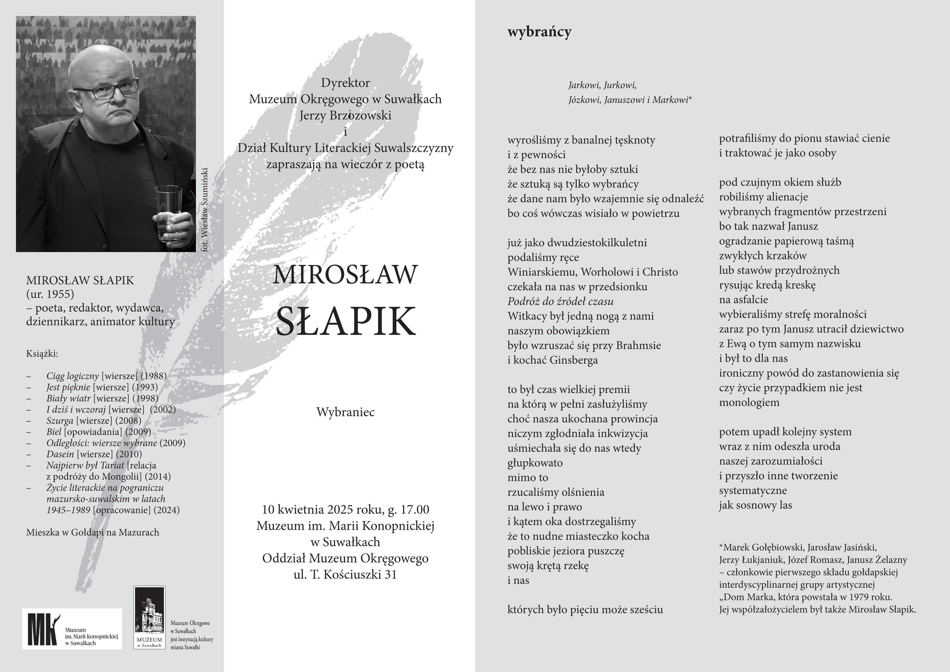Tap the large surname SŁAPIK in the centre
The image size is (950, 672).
[345, 322]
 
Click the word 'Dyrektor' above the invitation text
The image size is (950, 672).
[345, 83]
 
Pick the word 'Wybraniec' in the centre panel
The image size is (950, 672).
[345, 412]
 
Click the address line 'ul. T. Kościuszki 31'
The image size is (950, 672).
[345, 575]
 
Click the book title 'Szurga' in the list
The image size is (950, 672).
[60, 421]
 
